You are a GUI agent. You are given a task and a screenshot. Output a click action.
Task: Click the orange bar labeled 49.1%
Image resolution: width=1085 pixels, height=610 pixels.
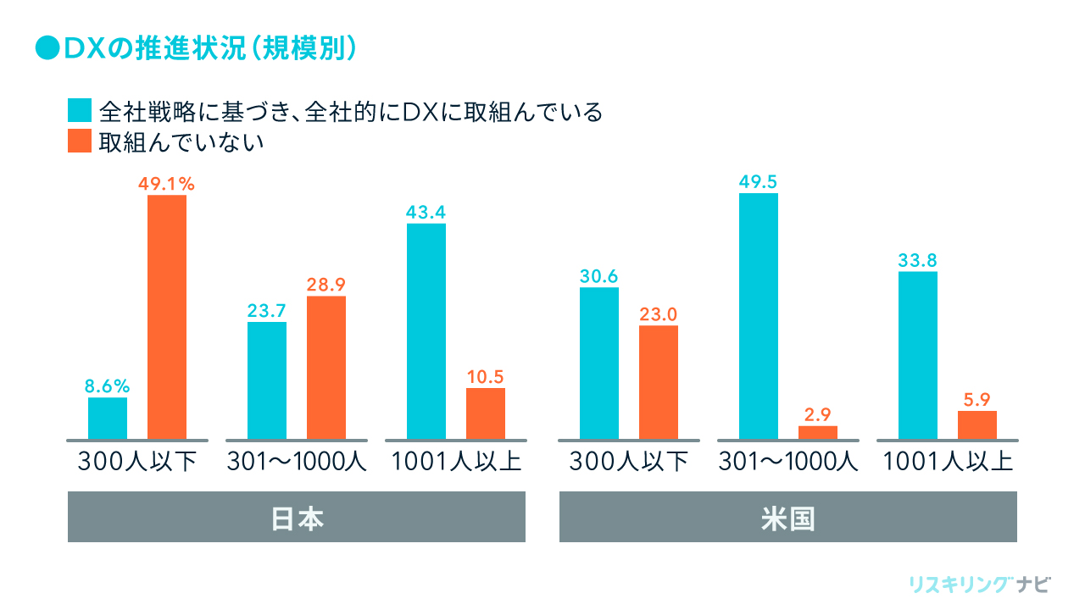(167, 317)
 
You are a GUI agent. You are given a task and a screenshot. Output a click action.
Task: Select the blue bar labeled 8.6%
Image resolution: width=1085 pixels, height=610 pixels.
(108, 418)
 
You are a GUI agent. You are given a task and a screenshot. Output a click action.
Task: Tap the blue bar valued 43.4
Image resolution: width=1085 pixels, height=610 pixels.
(426, 331)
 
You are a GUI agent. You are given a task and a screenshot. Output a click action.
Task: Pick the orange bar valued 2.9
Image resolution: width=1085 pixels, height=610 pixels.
(818, 432)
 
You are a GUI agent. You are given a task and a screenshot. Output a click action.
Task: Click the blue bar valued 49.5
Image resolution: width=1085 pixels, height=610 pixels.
(759, 316)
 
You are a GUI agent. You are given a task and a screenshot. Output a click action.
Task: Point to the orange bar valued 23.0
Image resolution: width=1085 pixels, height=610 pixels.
(659, 382)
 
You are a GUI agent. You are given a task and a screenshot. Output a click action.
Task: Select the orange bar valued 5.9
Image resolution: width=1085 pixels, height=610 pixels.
(977, 424)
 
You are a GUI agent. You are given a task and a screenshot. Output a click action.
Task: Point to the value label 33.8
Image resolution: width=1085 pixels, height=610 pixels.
(918, 260)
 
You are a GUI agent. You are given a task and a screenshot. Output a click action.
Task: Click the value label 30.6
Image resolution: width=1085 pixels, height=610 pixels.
(599, 276)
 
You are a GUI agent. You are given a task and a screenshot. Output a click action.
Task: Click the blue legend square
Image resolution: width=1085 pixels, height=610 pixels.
(79, 111)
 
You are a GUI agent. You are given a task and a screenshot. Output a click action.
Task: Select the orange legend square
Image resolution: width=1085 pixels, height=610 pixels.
(79, 141)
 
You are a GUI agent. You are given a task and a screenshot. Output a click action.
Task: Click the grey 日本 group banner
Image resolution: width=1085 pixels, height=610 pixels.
(297, 517)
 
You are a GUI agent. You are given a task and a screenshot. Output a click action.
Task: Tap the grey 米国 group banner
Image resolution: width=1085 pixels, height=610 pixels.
(788, 517)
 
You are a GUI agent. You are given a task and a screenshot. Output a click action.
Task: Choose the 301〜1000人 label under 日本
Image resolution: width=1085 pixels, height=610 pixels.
(297, 463)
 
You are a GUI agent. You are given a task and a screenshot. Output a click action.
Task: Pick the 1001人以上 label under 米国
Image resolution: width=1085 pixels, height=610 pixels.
(948, 463)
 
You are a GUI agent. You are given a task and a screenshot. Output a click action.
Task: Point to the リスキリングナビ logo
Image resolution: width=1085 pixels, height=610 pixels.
(979, 585)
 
